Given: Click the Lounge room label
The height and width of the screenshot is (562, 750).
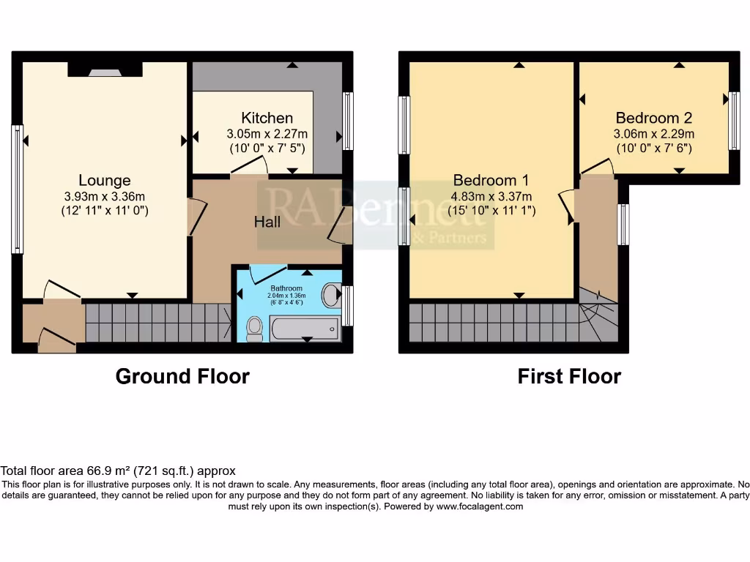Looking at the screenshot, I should (x=105, y=180).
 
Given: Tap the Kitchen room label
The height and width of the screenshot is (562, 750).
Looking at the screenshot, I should (x=267, y=118).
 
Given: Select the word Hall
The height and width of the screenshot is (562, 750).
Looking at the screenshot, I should (x=267, y=221).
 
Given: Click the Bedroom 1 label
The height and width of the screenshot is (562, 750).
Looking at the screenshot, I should (x=491, y=180).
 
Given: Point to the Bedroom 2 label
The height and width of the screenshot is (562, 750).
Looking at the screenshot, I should (x=654, y=118).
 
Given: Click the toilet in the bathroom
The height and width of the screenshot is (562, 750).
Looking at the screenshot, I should (x=255, y=329).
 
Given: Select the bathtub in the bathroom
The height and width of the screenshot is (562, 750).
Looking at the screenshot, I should (x=305, y=329).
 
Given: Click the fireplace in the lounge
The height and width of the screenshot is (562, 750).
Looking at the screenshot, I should (x=105, y=70).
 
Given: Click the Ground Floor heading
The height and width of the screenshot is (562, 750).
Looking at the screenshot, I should (x=182, y=377).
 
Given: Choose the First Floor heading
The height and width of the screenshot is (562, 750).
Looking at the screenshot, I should (x=569, y=377).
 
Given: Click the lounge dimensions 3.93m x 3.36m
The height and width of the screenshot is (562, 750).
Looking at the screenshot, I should (x=105, y=196).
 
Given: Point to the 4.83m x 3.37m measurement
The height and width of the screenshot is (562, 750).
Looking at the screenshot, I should (x=491, y=196).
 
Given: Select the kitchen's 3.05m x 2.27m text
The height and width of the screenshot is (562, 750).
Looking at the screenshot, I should (x=267, y=134).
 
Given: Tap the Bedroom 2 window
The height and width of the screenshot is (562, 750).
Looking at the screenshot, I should (x=734, y=121).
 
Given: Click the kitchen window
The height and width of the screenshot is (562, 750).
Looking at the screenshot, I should (x=349, y=121).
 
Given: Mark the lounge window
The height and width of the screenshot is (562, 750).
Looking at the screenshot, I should (x=16, y=189).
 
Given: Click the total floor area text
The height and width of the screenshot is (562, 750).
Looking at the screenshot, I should (x=118, y=471).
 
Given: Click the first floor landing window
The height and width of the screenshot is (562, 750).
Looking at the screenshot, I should (x=623, y=225).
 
